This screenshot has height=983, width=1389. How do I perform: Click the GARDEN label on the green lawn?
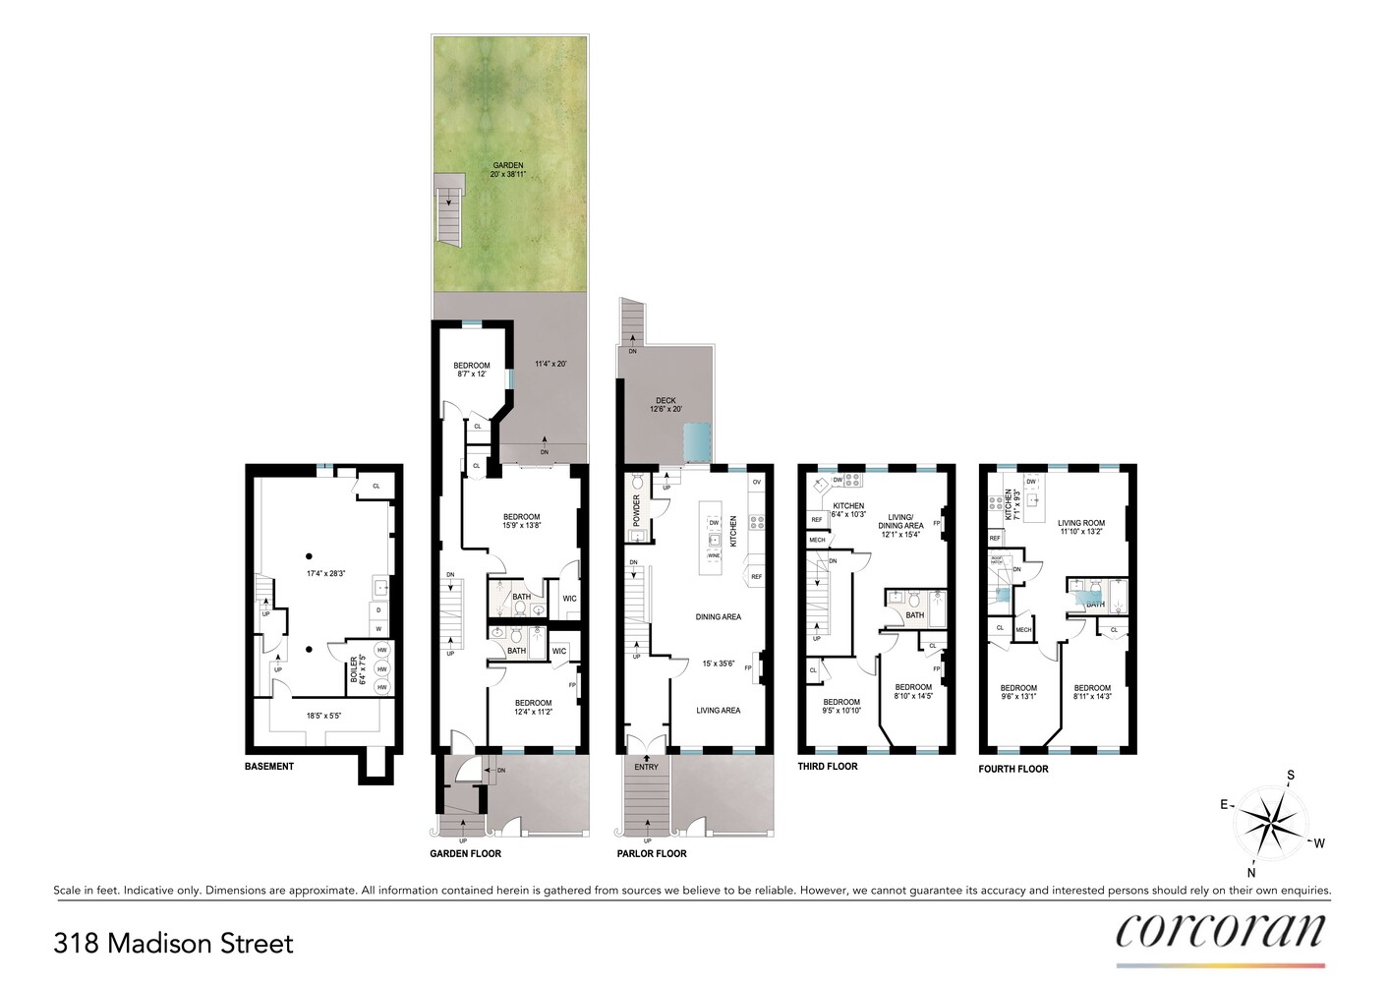pyautogui.click(x=508, y=165)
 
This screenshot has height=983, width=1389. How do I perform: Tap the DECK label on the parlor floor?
pyautogui.click(x=666, y=400)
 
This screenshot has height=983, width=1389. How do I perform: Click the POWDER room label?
pyautogui.click(x=637, y=510)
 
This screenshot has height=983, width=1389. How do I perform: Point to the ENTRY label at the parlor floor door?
pyautogui.click(x=646, y=767)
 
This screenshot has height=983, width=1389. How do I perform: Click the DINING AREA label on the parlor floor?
pyautogui.click(x=718, y=617)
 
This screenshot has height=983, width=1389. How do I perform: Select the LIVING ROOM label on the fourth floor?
pyautogui.click(x=1081, y=523)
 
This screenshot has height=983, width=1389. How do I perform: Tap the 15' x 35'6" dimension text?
pyautogui.click(x=718, y=664)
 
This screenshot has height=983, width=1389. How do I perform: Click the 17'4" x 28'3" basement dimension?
pyautogui.click(x=325, y=573)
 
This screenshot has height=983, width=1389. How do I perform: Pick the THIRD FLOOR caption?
pyautogui.click(x=828, y=767)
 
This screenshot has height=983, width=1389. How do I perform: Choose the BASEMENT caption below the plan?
pyautogui.click(x=269, y=767)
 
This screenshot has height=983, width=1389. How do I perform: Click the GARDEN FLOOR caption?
pyautogui.click(x=465, y=853)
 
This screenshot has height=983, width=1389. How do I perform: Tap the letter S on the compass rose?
pyautogui.click(x=1291, y=776)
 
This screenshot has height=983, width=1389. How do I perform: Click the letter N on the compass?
pyautogui.click(x=1251, y=872)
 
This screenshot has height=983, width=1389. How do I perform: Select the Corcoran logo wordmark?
pyautogui.click(x=1220, y=930)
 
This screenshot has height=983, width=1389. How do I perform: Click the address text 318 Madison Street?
pyautogui.click(x=173, y=944)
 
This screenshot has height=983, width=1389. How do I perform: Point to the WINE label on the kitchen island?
pyautogui.click(x=714, y=555)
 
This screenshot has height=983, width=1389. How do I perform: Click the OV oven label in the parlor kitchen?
pyautogui.click(x=756, y=482)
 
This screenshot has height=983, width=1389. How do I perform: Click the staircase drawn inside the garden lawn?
pyautogui.click(x=449, y=209)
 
